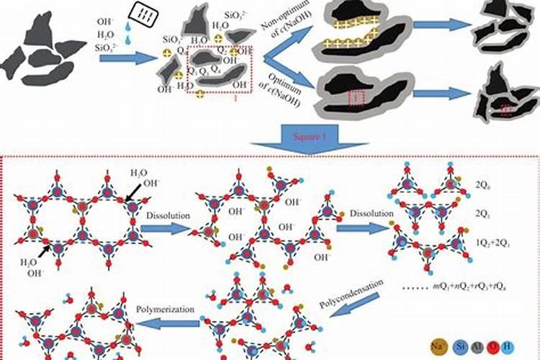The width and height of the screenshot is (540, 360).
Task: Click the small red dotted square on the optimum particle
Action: tap(355, 96)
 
